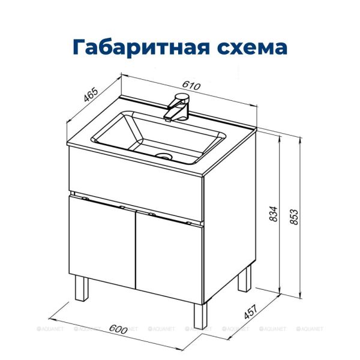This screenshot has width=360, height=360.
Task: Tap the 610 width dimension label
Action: tap(191, 86)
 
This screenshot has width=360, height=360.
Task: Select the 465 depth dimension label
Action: tap(91, 97)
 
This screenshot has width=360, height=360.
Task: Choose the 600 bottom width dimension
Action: tap(120, 329)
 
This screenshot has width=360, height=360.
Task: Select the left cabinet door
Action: tap(102, 240)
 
